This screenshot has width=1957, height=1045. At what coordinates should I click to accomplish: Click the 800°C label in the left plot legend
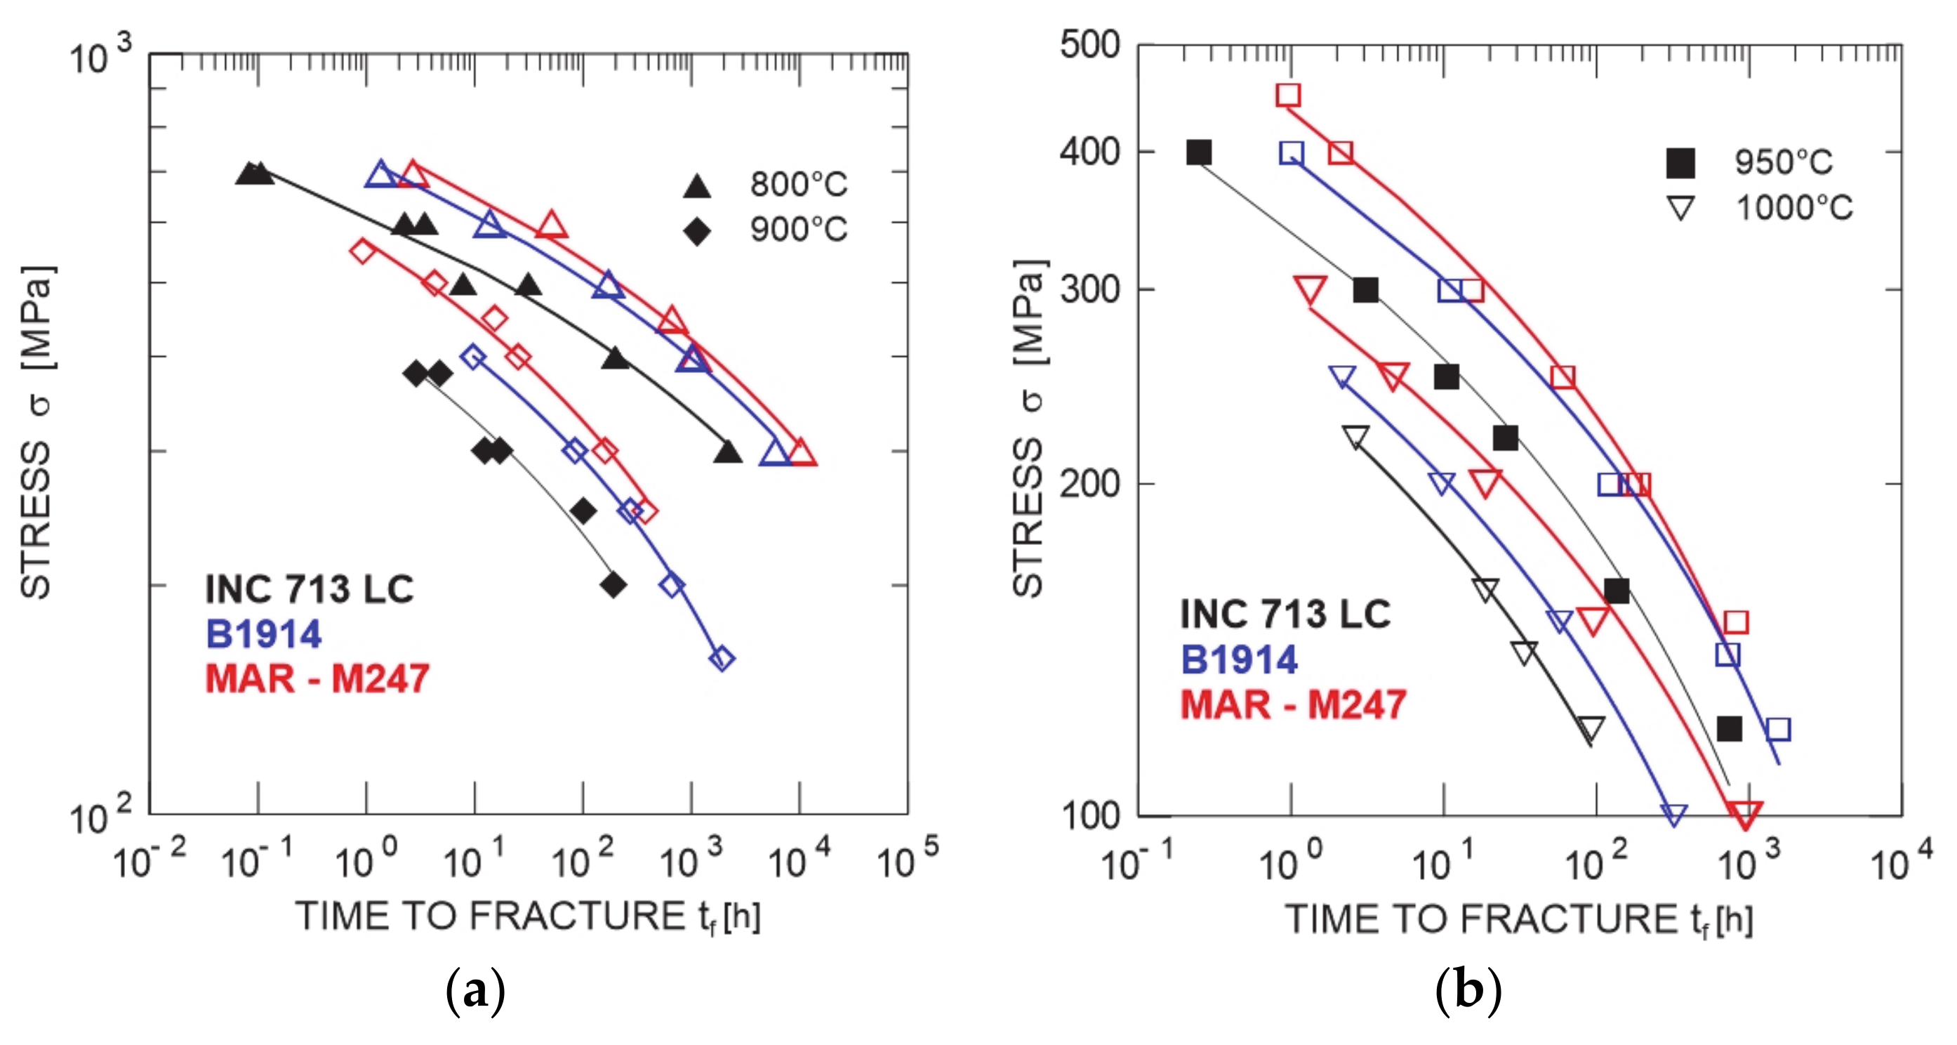797,184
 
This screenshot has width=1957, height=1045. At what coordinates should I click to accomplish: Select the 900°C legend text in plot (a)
797,229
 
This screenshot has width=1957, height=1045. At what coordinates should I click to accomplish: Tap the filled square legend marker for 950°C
1680,163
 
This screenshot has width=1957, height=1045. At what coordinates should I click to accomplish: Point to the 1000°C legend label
1793,207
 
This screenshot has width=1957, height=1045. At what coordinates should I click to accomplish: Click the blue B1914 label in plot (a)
264,634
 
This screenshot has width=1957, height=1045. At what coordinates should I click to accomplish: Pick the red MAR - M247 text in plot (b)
1293,704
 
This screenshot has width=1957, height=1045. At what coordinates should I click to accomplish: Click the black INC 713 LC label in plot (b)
1285,614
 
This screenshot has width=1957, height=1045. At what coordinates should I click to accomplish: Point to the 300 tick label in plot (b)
1089,289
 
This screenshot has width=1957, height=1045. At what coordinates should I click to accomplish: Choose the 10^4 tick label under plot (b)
1900,862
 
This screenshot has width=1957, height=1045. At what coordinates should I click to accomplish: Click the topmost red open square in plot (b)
1287,95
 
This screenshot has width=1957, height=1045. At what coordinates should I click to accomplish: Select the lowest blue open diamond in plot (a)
721,658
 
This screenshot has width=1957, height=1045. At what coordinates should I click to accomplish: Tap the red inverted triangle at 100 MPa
1744,814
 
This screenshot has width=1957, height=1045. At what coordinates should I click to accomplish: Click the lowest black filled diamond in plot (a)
613,584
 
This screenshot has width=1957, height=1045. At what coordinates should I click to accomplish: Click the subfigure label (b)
1468,990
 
